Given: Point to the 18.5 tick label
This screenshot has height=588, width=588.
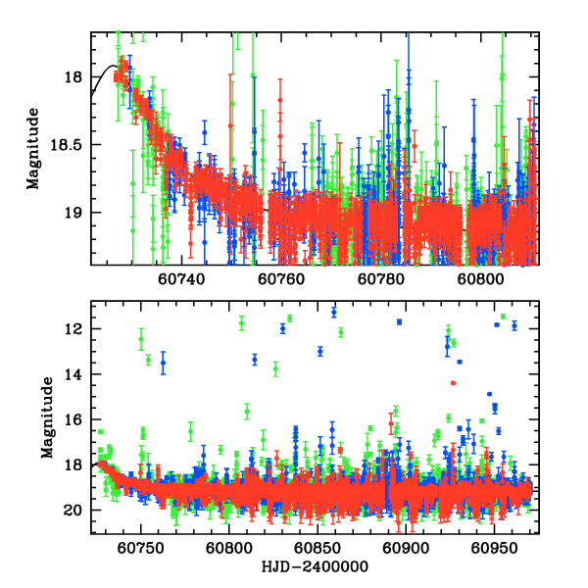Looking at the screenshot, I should point(69,145).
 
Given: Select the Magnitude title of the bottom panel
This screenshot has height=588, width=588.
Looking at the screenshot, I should point(46,418).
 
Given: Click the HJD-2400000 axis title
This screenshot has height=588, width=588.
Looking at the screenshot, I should point(314,567).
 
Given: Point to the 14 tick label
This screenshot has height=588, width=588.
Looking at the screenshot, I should point(74,374).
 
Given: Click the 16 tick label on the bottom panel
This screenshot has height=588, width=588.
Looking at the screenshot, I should point(74,419).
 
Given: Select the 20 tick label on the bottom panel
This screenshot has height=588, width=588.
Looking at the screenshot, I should point(74,510).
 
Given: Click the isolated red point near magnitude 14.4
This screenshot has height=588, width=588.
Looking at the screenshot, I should point(453,382).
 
